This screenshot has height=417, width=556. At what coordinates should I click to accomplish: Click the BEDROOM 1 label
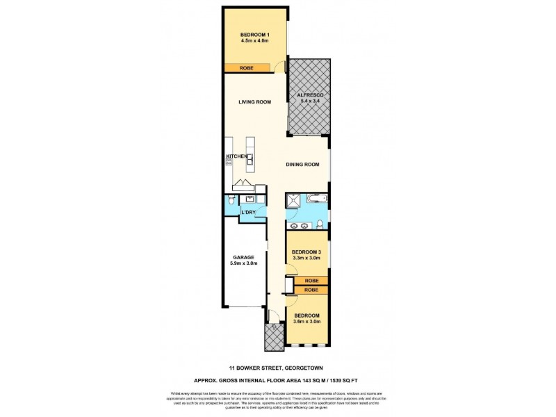[x=254, y=35]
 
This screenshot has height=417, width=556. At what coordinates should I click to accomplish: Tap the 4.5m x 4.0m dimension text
[x=254, y=42]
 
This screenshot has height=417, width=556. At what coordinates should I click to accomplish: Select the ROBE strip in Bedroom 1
[x=246, y=68]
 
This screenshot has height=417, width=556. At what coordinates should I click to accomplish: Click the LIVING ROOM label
[x=254, y=102]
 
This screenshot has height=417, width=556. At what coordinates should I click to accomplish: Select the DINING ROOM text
[x=303, y=165]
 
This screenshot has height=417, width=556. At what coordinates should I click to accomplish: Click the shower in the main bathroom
[x=294, y=201]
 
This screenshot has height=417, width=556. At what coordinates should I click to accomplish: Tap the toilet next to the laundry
[x=231, y=200]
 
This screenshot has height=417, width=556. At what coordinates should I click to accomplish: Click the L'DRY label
[x=249, y=213]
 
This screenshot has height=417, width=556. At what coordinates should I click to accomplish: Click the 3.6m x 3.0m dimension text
[x=306, y=321]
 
